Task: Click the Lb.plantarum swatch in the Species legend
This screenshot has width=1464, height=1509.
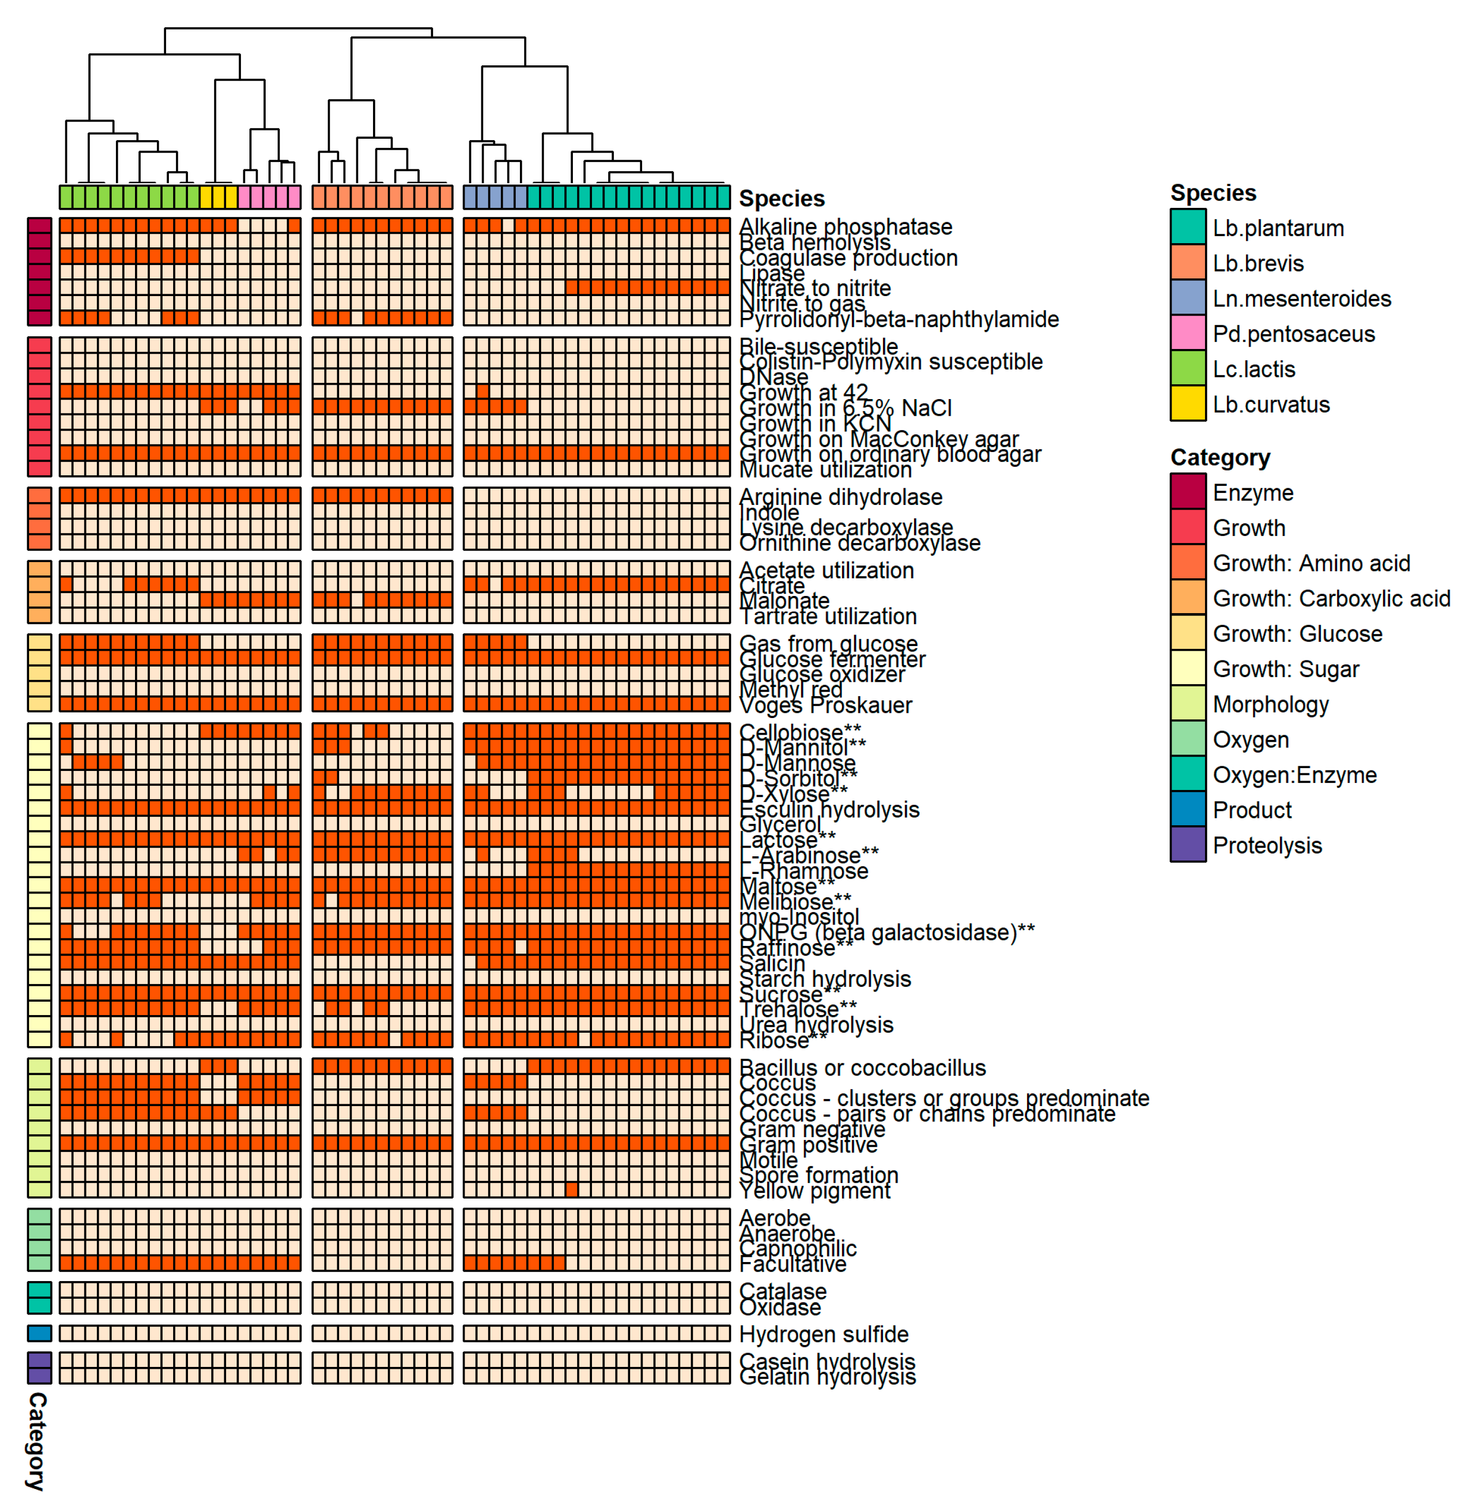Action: [1187, 228]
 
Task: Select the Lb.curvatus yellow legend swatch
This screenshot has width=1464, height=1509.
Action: [1187, 404]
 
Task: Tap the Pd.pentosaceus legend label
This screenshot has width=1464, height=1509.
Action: [1293, 334]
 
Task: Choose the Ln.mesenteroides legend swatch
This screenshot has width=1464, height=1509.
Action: [1187, 299]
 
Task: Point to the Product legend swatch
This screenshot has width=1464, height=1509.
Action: [1187, 810]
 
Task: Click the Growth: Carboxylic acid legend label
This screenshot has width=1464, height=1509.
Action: [1331, 598]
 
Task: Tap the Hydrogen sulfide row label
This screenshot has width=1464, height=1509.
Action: [823, 1334]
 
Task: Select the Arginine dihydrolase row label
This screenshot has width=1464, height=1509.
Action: [840, 497]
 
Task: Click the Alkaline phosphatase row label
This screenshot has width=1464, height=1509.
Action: [845, 226]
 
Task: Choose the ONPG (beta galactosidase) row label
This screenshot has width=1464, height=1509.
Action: [886, 933]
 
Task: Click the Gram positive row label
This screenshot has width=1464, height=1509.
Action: [808, 1145]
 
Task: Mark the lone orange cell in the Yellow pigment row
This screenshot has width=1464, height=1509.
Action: [571, 1190]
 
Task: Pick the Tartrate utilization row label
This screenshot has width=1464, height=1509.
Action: [828, 616]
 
